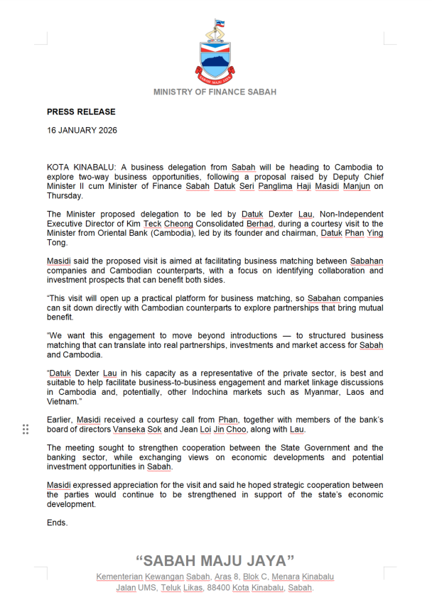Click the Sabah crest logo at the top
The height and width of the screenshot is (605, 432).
click(x=215, y=53)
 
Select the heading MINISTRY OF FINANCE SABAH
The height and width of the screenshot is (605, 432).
click(x=215, y=92)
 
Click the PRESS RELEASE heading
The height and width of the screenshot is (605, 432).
click(x=81, y=112)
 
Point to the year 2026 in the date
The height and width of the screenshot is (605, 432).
click(x=107, y=131)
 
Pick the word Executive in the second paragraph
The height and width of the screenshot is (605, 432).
click(x=66, y=223)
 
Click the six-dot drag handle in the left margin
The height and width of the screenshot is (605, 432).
click(x=26, y=429)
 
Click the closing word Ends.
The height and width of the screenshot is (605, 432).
click(x=58, y=522)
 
